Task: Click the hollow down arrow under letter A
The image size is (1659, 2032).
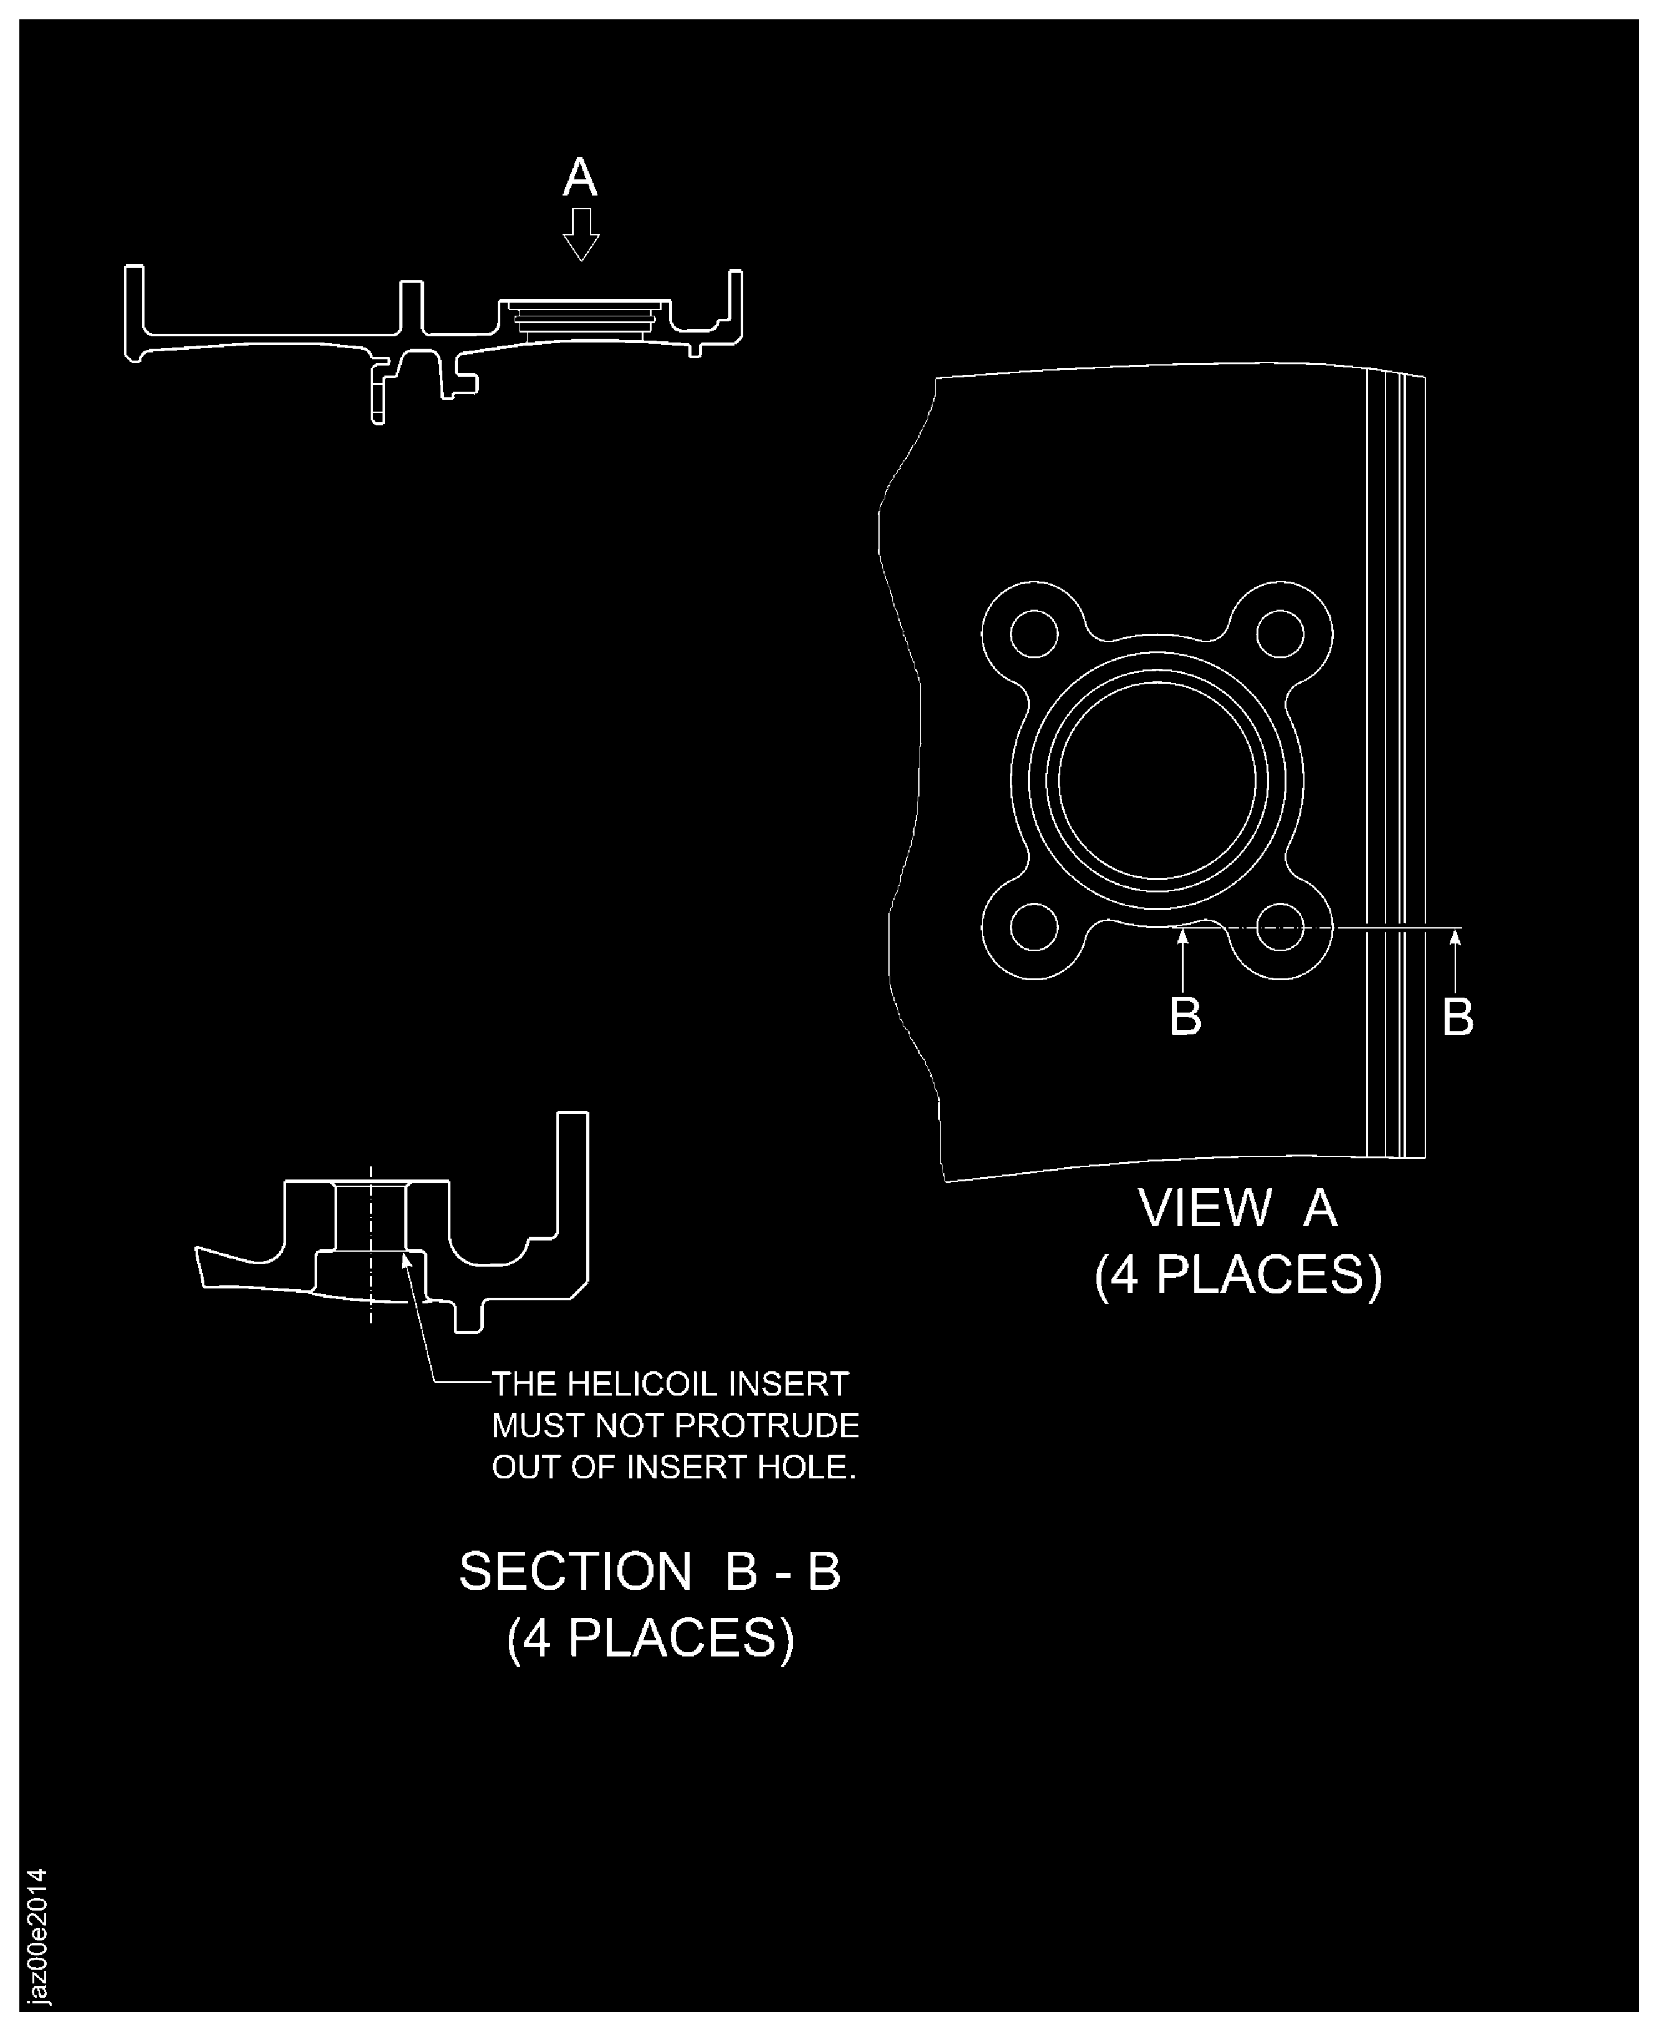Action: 580,233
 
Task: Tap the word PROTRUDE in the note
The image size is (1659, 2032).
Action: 768,1425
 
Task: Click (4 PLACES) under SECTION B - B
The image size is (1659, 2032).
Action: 650,1638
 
